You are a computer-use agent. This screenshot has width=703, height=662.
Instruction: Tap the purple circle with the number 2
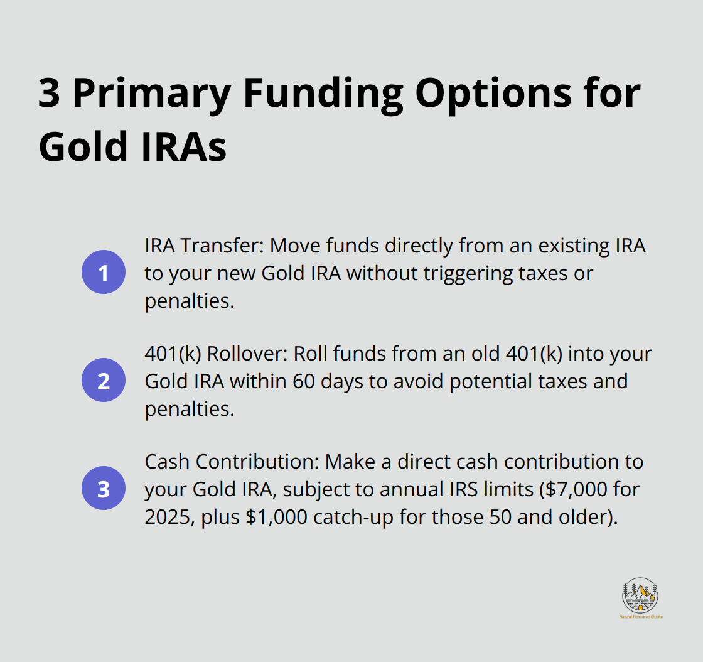(x=104, y=381)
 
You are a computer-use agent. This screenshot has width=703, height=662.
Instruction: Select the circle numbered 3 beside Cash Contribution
(x=104, y=488)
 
